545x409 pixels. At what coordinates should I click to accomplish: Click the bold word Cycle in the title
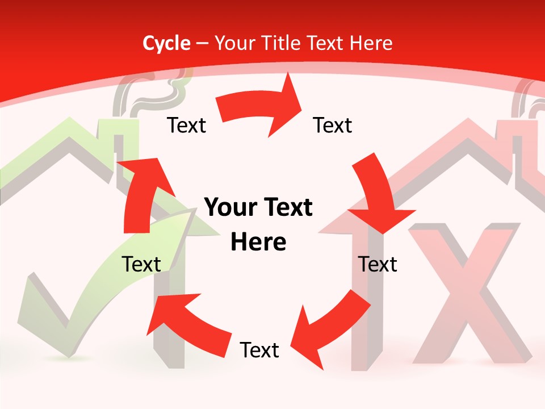point(166,43)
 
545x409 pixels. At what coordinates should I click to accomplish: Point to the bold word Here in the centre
point(258,242)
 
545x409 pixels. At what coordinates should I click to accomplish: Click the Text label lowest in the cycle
point(259,350)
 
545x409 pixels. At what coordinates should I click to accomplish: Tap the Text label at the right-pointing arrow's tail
point(186,125)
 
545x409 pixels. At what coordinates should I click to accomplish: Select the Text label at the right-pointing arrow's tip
point(333,125)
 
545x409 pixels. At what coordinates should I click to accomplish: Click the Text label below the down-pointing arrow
point(378,264)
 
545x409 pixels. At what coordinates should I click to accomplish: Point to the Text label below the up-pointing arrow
point(141,264)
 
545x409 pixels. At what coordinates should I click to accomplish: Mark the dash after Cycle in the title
point(202,44)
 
